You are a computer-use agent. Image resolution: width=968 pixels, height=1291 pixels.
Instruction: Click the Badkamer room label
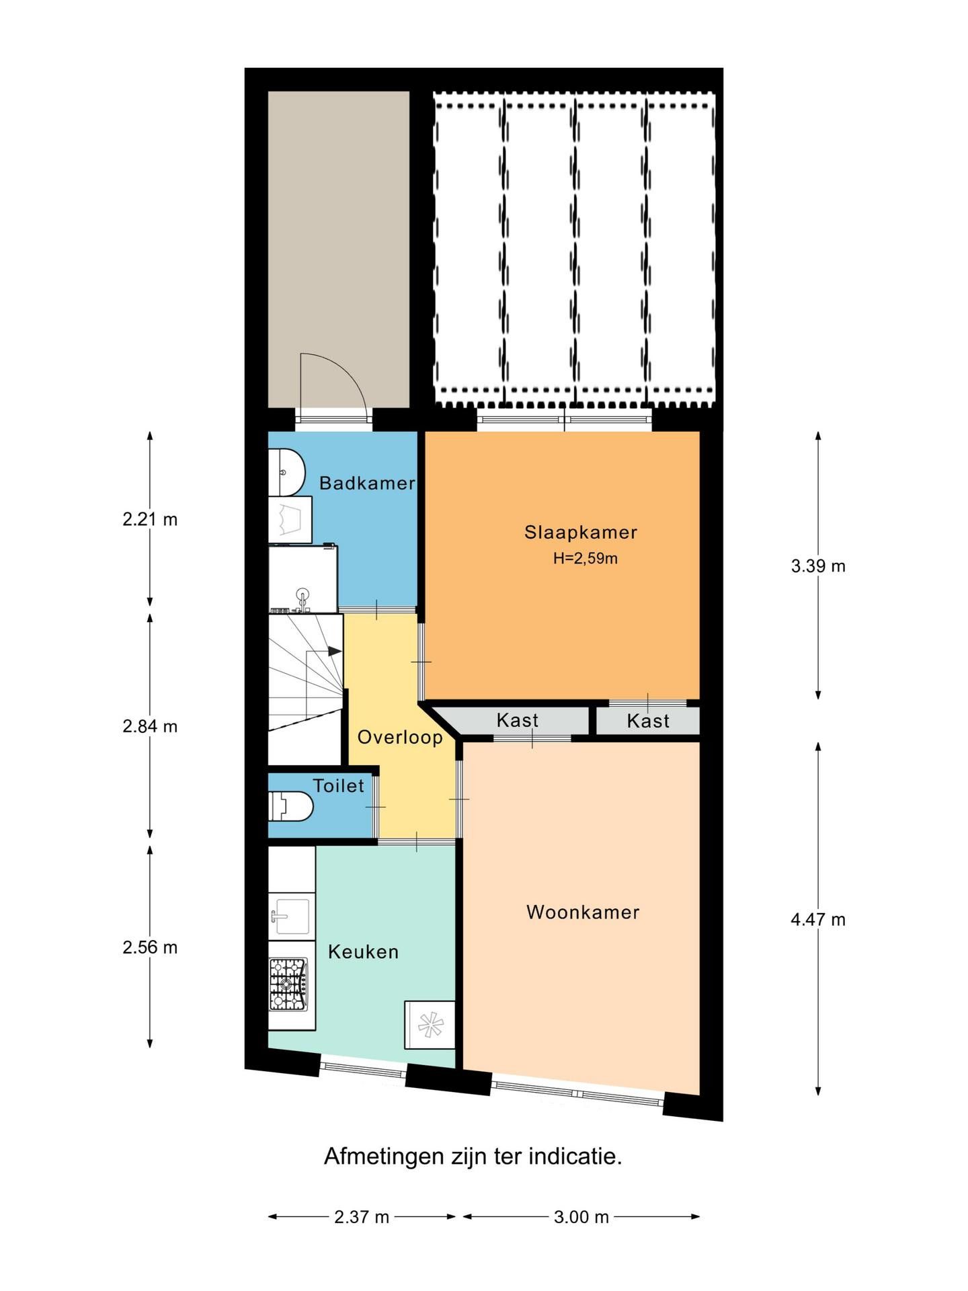367,483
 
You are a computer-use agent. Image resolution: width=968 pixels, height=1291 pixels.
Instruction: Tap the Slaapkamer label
581,532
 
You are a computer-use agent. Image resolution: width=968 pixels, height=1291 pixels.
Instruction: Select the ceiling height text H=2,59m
586,558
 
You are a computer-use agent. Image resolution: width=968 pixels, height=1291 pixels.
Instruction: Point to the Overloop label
400,737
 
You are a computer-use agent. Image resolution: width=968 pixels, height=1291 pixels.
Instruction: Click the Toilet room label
339,785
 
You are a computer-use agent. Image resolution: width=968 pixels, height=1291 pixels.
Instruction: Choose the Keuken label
364,951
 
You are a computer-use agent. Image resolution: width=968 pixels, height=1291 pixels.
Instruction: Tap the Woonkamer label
583,912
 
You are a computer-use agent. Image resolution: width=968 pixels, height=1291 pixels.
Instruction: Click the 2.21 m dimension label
150,519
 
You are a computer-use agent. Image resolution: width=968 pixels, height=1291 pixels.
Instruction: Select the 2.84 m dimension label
150,726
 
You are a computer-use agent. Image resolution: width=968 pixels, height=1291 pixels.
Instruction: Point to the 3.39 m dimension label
818,566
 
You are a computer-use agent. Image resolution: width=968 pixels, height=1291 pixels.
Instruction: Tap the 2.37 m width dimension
362,1216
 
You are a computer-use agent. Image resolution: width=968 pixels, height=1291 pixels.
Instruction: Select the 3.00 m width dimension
581,1216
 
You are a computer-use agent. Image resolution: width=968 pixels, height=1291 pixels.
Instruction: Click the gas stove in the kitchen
289,984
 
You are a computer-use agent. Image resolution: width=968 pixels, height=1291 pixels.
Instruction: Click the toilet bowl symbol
291,806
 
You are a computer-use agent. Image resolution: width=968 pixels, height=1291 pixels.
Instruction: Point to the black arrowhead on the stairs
335,651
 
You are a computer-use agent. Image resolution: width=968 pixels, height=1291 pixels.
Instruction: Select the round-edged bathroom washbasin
287,472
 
